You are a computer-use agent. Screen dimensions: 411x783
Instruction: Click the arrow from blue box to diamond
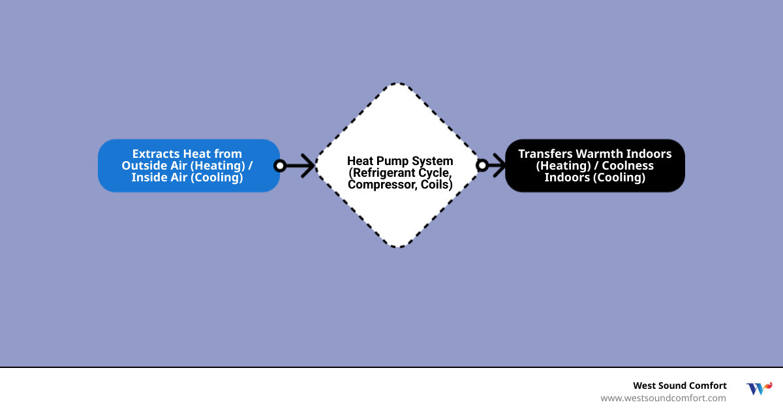[299, 166]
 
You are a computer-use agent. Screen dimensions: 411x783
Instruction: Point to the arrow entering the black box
[497, 166]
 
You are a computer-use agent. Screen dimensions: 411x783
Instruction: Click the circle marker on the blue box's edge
[280, 166]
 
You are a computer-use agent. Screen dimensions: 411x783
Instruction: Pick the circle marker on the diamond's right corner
[482, 166]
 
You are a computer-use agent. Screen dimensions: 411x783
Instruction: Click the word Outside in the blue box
[142, 166]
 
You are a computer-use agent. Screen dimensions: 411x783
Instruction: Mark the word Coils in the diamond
[436, 185]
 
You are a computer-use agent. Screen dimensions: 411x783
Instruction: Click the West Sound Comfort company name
[679, 386]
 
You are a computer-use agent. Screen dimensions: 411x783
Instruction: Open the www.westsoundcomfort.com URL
[663, 398]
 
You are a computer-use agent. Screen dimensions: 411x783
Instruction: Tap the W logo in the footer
[759, 389]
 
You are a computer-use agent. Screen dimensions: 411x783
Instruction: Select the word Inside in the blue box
[149, 177]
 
